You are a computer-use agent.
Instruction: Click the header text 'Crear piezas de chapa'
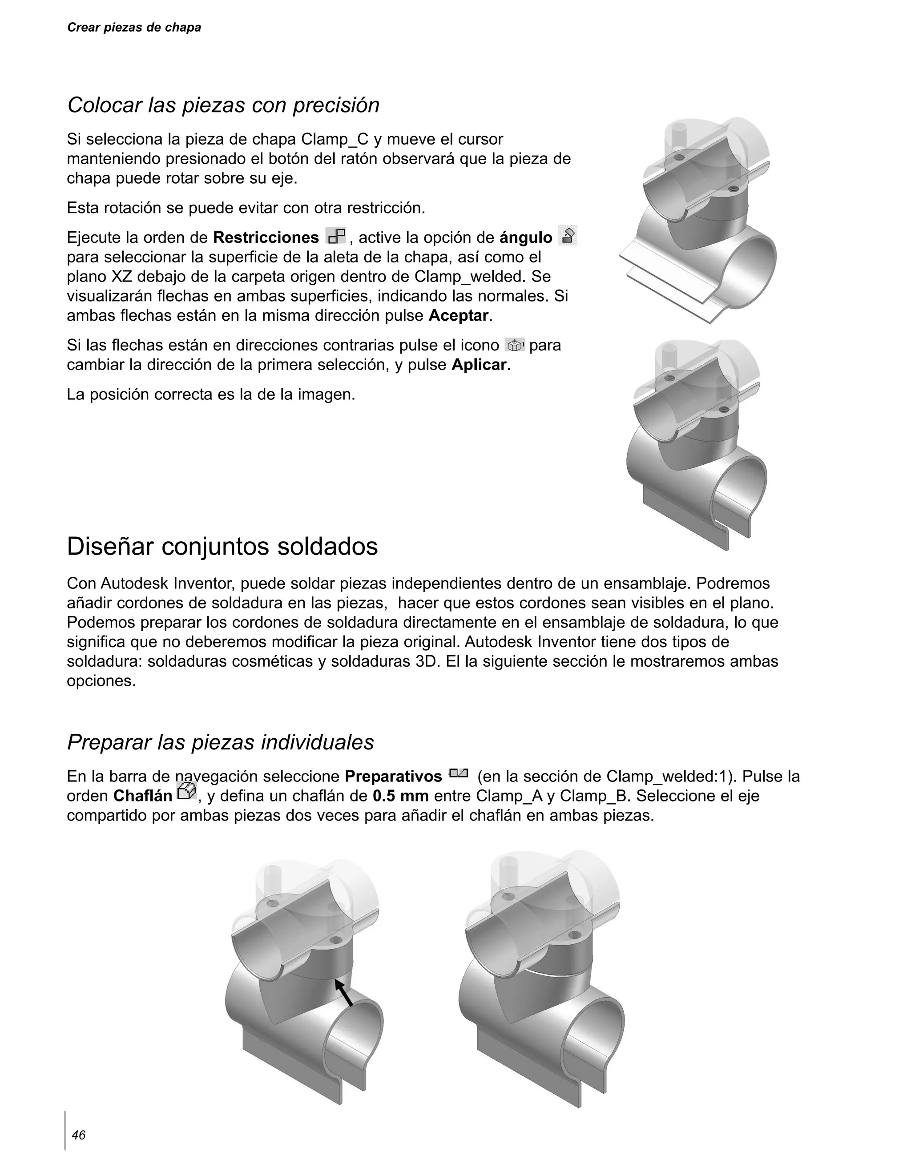pyautogui.click(x=133, y=28)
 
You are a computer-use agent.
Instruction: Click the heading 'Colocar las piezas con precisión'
pyautogui.click(x=223, y=105)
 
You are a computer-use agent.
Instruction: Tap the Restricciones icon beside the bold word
pyautogui.click(x=336, y=236)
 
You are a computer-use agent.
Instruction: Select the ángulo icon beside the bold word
pyautogui.click(x=568, y=235)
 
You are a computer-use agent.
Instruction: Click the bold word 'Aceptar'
pyautogui.click(x=458, y=315)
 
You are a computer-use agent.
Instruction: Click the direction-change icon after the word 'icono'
pyautogui.click(x=515, y=345)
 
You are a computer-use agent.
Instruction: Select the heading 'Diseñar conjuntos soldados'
pyautogui.click(x=222, y=547)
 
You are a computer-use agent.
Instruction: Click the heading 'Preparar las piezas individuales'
pyautogui.click(x=220, y=742)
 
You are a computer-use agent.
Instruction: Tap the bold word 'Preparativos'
pyautogui.click(x=393, y=777)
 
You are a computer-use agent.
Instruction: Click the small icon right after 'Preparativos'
pyautogui.click(x=459, y=774)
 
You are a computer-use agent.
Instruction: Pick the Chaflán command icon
pyautogui.click(x=186, y=792)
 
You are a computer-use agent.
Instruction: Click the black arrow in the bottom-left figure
pyautogui.click(x=343, y=992)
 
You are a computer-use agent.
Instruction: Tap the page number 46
pyautogui.click(x=79, y=1135)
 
